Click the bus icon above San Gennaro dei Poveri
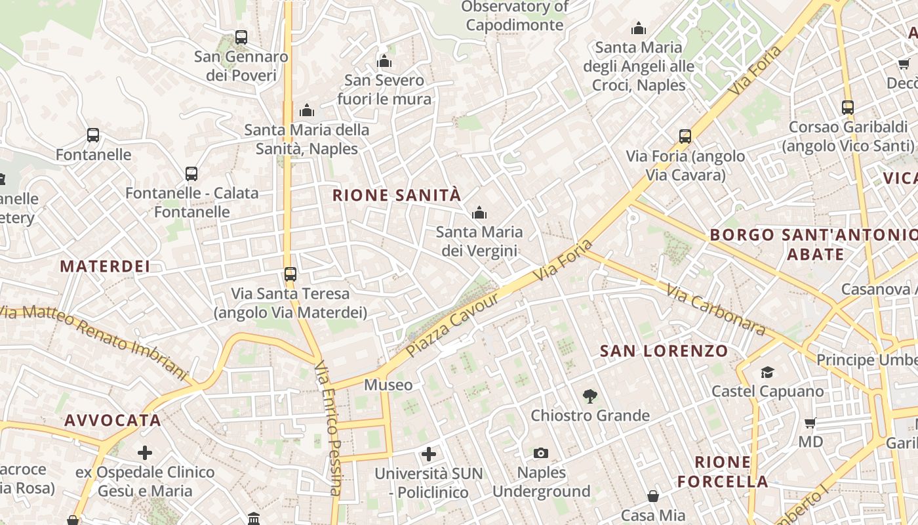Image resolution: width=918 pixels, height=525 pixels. point(241,37)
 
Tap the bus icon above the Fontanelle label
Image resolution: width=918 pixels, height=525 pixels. point(93,135)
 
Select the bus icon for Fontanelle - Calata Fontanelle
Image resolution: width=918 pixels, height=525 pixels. point(191,174)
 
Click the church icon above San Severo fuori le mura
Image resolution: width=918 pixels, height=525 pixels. point(384,62)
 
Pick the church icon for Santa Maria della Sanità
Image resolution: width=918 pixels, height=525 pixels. point(307,110)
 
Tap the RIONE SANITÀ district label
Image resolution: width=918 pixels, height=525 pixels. point(397,195)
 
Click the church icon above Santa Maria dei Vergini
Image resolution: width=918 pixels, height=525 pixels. point(479,213)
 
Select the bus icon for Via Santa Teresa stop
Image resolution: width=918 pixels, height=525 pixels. point(290,274)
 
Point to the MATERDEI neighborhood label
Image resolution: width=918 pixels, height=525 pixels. point(105,266)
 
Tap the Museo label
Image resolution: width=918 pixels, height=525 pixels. point(388,385)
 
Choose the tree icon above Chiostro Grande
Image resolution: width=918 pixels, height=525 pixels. point(590,396)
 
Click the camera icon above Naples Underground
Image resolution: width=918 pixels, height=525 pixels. point(541,453)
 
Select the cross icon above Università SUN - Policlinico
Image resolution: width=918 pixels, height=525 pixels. point(429,453)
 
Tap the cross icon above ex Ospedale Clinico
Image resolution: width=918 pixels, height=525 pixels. point(145,452)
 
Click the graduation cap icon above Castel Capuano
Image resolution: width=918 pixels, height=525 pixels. point(767,373)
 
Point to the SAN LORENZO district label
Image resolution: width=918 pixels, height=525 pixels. point(664,351)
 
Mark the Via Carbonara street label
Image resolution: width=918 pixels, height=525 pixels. point(716,310)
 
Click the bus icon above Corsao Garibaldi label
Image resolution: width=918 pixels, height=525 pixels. point(848,107)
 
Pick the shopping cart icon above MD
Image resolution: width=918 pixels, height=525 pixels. point(810,423)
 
